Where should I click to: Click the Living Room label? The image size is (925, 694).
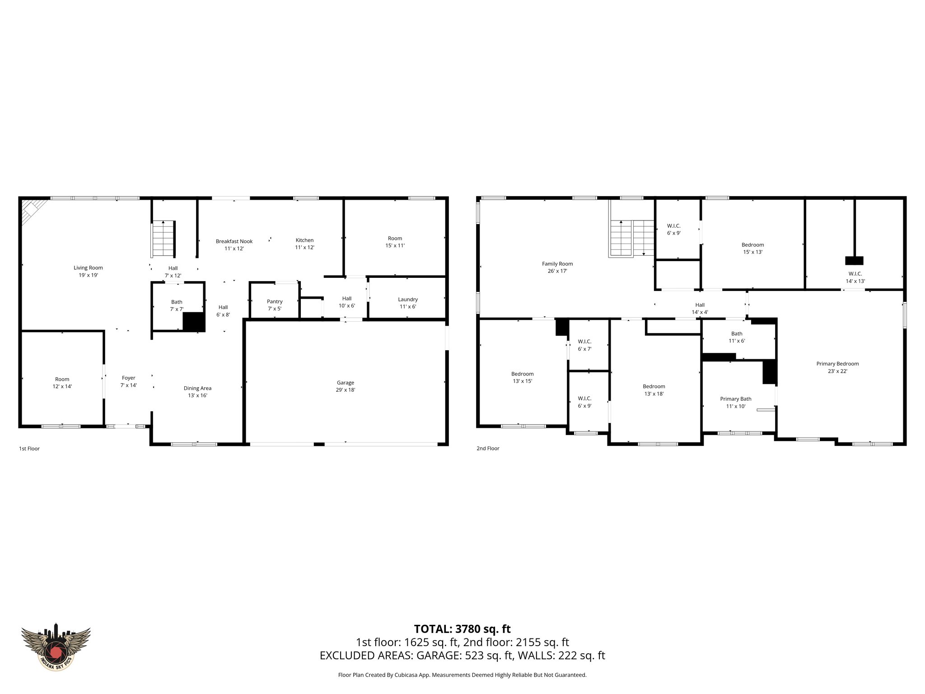pos(89,271)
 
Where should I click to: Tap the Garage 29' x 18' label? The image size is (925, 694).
pos(345,386)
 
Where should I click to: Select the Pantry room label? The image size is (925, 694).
pos(275,305)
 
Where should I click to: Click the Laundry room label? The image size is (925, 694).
pos(407,303)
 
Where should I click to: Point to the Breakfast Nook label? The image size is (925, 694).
pos(234,244)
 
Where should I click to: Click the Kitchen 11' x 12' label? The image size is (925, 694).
pos(304,244)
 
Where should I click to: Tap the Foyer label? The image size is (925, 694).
pos(128,381)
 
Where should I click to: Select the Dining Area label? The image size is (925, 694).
pos(197,391)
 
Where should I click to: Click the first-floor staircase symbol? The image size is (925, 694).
pos(164,238)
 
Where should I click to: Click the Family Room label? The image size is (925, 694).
pos(557,267)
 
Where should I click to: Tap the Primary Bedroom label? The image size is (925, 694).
pos(837,367)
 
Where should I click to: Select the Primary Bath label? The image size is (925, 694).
pos(736,402)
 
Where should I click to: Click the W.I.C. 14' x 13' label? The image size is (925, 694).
pos(855,277)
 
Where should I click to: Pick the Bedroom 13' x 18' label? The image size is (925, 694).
pos(654,389)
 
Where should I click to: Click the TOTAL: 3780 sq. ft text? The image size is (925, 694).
pos(462,628)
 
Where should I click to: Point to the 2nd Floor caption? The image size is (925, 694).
pos(488,449)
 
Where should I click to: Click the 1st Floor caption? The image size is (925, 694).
pos(29,449)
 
